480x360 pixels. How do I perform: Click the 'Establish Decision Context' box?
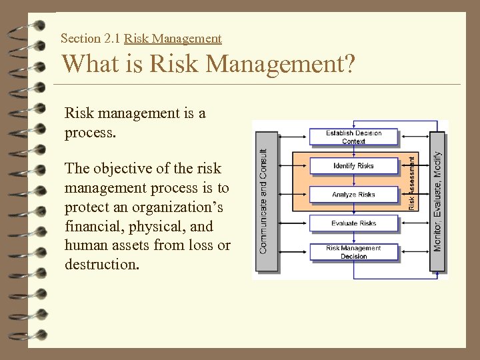(x=353, y=137)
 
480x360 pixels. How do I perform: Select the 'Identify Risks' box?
(x=353, y=166)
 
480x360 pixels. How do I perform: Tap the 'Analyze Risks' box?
(x=353, y=195)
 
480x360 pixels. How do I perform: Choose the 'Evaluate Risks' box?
(x=353, y=223)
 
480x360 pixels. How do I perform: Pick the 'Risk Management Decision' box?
(x=353, y=252)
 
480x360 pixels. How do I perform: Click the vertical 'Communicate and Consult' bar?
(x=265, y=201)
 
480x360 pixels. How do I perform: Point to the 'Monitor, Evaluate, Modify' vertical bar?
(x=437, y=201)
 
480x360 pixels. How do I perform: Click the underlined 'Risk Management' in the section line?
(x=173, y=39)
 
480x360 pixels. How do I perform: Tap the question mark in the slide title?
(x=349, y=65)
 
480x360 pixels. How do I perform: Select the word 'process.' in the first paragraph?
(x=90, y=132)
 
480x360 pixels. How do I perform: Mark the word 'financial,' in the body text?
(x=91, y=226)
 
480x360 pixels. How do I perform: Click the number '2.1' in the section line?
(x=111, y=39)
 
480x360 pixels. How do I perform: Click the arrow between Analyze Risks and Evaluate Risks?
(x=353, y=209)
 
